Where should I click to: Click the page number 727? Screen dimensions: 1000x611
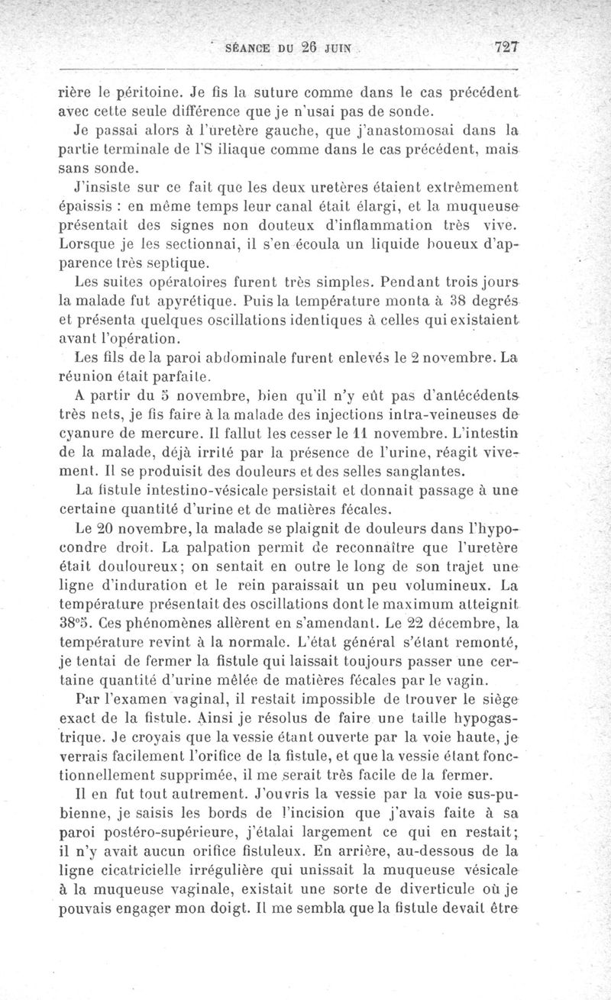(506, 47)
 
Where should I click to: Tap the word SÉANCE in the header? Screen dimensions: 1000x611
(246, 47)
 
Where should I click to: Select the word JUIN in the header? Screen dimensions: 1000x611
(336, 47)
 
